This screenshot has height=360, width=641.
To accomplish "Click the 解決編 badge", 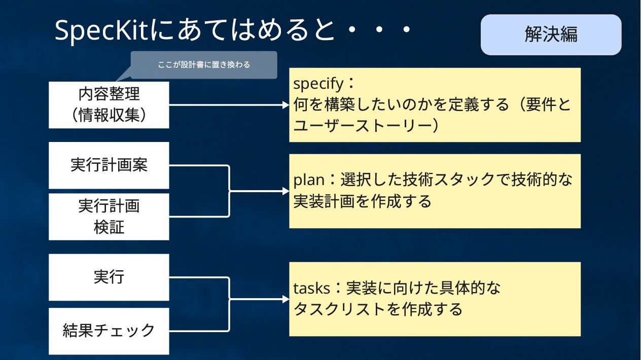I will coord(551,34).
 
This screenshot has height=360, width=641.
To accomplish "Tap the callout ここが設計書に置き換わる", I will coord(204,65).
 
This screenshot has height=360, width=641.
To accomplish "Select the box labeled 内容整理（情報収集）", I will coord(109,104).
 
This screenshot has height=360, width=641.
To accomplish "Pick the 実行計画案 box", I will coord(109,165).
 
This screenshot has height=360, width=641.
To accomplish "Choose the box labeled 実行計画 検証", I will coord(109,217).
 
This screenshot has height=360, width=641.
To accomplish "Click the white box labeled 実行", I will coord(109,277).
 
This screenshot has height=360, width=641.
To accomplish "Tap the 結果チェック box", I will coord(109,331).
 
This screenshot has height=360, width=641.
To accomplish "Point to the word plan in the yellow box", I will coord(308,179).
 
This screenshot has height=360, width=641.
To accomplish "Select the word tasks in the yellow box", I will coord(312,288).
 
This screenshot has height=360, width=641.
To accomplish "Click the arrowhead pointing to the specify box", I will coord(286,105).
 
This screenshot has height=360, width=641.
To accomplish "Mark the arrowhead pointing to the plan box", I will coord(286,191).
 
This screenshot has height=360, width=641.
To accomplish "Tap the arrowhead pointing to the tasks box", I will coord(286,299).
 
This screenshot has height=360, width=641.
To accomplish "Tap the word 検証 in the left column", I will coord(109,227).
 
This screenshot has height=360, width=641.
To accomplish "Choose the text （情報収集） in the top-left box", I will coord(109,115).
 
